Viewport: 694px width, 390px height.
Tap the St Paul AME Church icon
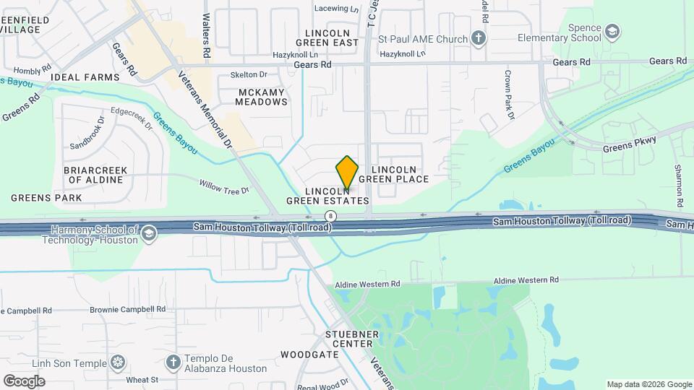coord(479,38)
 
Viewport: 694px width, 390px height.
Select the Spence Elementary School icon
coord(612,31)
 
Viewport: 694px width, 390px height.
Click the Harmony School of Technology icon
coord(148,233)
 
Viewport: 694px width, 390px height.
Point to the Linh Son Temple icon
coord(119,361)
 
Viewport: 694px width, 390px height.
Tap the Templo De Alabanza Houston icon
coord(173,361)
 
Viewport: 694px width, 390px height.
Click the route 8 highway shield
coord(330,216)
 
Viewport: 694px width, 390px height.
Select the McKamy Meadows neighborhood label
coord(262,97)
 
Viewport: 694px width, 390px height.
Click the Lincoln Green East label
coord(332,38)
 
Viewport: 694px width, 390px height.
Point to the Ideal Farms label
coord(90,77)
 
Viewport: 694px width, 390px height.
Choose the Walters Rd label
coord(206,35)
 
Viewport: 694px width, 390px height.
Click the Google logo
coord(24,381)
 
